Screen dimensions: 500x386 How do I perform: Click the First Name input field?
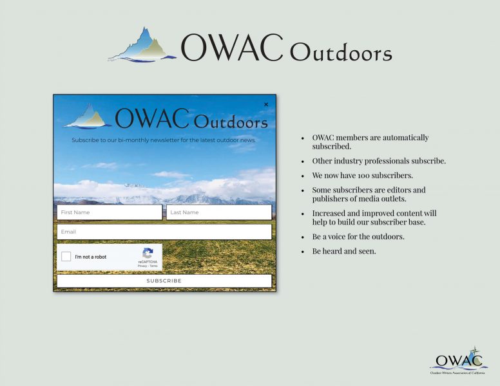[110, 212]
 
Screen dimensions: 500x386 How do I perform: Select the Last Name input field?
[219, 212]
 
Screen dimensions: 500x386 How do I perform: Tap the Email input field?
[164, 232]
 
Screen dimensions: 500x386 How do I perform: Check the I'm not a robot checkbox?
[66, 257]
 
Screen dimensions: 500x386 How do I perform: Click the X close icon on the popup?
[266, 104]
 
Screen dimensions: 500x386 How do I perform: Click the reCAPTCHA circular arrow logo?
[148, 253]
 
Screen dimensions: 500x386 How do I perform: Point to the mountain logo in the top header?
[142, 45]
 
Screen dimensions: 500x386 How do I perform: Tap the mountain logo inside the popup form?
[88, 116]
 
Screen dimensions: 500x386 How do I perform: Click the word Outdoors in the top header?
[341, 52]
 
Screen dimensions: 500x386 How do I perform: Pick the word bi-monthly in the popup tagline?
[133, 140]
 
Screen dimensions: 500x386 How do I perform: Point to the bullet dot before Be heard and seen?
[303, 252]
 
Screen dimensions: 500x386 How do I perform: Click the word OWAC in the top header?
[232, 48]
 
